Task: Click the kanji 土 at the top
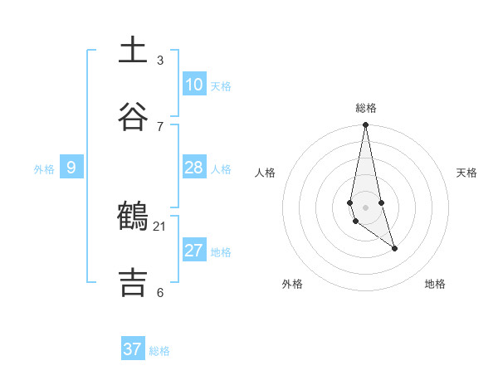click(133, 51)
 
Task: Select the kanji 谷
click(133, 116)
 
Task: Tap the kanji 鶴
click(133, 217)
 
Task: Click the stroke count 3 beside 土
click(160, 60)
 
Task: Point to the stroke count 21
click(160, 226)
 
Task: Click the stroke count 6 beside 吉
click(160, 292)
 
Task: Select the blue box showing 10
click(193, 84)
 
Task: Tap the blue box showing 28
click(193, 168)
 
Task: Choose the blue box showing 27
click(193, 250)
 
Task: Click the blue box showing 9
click(71, 168)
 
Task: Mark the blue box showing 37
click(133, 349)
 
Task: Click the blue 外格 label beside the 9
click(44, 169)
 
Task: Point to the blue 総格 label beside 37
click(159, 351)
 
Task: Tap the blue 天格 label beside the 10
click(221, 85)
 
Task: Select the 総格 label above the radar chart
click(366, 108)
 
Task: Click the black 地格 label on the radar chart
click(435, 284)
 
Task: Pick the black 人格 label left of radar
click(266, 173)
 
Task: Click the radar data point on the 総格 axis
click(365, 124)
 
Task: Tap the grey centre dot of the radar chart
click(365, 207)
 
